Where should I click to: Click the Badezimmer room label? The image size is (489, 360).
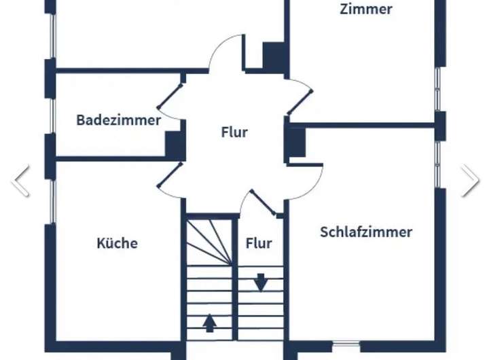(x=118, y=120)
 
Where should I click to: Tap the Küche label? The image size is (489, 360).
(x=117, y=242)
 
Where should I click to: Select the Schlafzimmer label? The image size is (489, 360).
(x=365, y=232)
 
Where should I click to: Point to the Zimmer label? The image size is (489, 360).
(x=366, y=9)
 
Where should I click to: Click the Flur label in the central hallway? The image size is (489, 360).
(x=234, y=132)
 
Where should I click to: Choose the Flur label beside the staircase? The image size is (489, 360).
(x=259, y=242)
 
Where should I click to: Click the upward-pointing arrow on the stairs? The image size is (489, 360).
(x=210, y=322)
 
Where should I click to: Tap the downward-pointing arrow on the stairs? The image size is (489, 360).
(x=261, y=281)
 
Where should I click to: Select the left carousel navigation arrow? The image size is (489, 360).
(x=21, y=181)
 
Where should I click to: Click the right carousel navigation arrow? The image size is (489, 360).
(x=469, y=181)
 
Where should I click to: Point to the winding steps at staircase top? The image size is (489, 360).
(x=209, y=241)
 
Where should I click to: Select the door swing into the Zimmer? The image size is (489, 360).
(x=300, y=96)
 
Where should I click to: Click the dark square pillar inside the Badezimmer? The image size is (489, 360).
(x=175, y=145)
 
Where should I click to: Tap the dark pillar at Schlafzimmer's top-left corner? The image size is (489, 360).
(x=295, y=143)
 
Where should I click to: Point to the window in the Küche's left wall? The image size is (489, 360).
(x=51, y=201)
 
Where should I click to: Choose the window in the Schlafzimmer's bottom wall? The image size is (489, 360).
(x=347, y=344)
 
